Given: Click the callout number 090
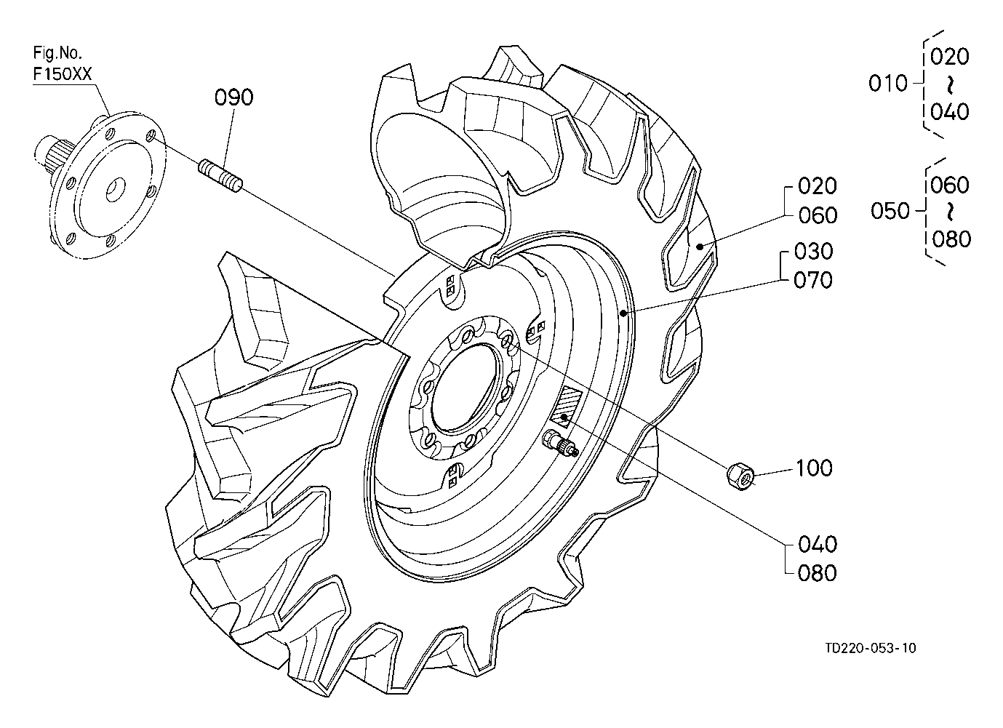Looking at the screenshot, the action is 233,97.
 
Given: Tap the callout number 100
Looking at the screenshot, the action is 814,468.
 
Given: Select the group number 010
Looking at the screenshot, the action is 887,84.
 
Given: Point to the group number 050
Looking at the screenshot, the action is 890,211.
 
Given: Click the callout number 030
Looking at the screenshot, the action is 814,252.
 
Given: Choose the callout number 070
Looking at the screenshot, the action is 813,280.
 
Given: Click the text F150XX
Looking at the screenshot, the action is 63,74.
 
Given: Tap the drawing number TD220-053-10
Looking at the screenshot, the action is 871,648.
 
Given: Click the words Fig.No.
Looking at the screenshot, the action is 57,53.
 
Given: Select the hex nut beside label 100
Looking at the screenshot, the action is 740,477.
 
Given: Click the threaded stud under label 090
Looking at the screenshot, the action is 220,177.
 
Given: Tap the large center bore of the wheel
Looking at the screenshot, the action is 465,389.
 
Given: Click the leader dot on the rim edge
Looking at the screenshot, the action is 624,313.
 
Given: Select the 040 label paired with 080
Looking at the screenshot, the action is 818,545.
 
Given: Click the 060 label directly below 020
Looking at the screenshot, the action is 818,216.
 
